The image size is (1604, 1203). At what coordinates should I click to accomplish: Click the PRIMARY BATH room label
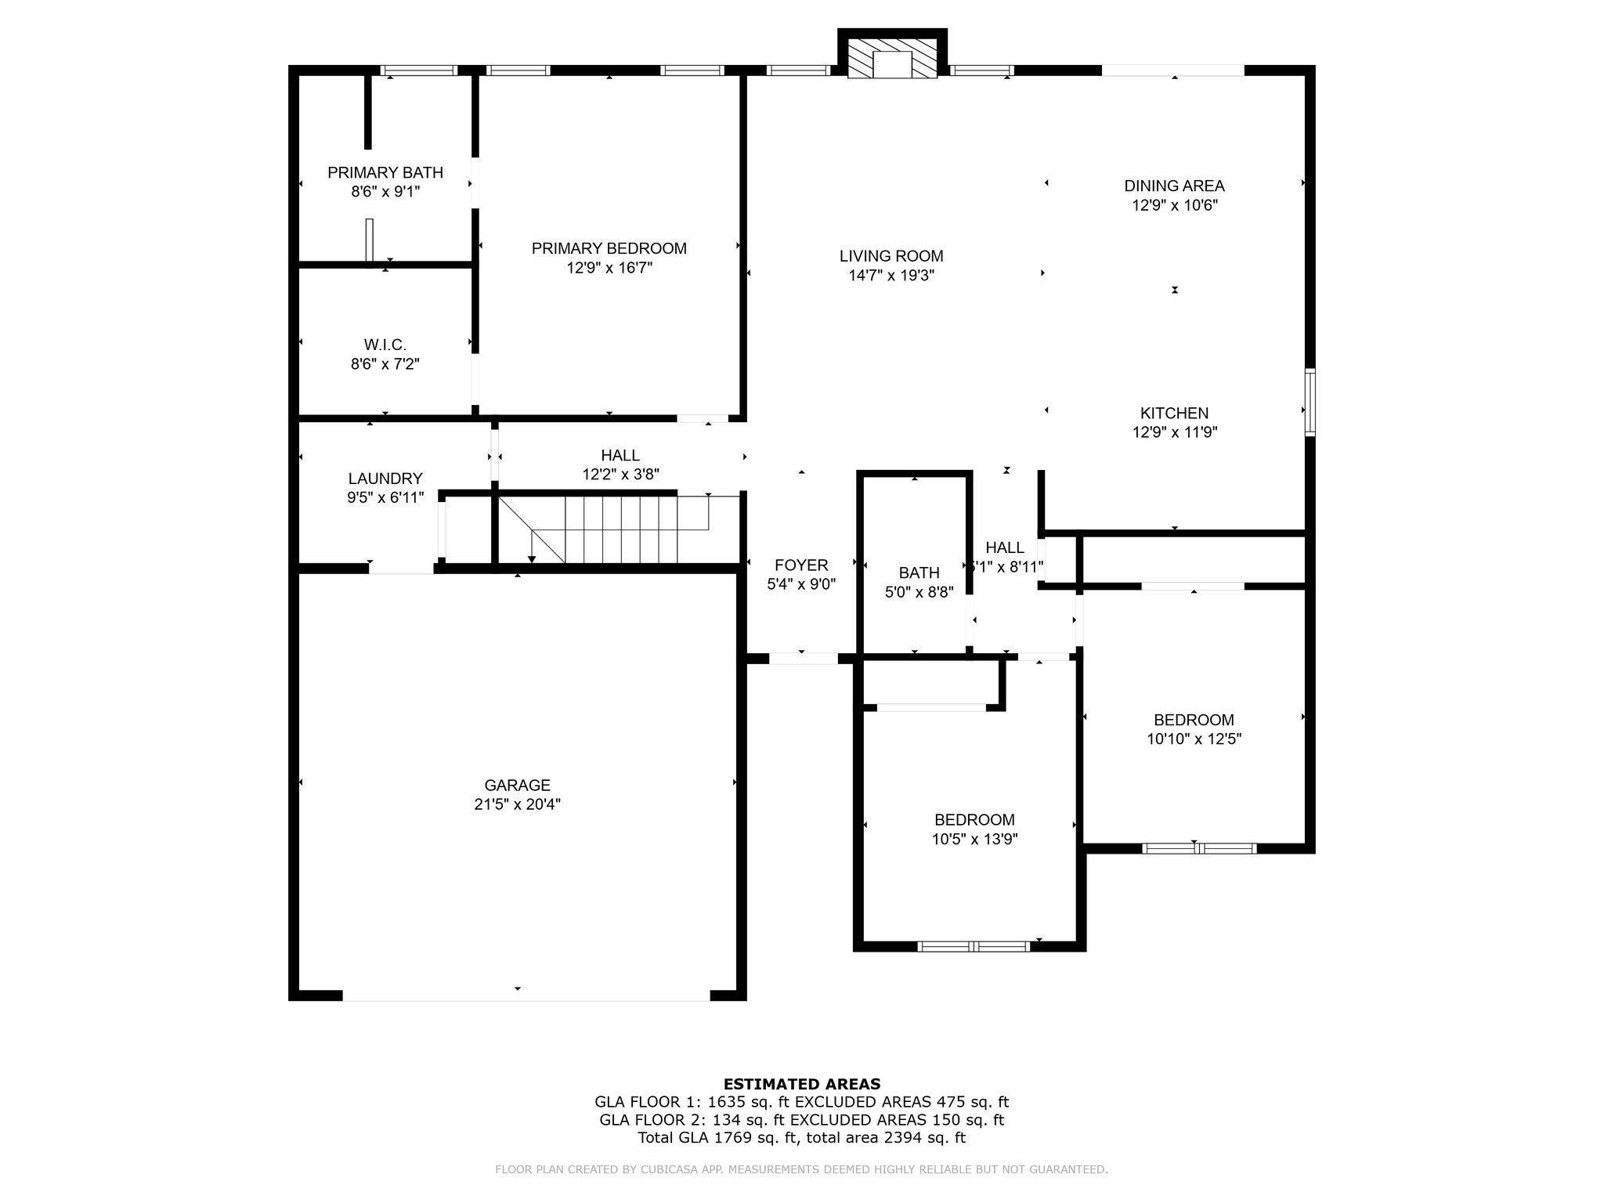coord(385,172)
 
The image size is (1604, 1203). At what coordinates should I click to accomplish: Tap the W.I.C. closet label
coord(385,345)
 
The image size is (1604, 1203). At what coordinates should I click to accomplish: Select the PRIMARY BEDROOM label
coord(609,248)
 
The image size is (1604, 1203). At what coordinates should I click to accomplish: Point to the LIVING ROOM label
coord(891,256)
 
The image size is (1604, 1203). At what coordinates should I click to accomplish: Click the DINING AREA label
coord(1174,186)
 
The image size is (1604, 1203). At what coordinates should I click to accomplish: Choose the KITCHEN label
coord(1174,413)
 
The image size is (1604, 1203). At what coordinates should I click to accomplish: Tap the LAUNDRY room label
coord(385,479)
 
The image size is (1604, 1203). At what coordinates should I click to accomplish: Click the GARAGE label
coord(517,785)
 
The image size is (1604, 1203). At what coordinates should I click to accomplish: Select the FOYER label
coord(801,565)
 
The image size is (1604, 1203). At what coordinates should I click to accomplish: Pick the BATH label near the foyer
coord(919,573)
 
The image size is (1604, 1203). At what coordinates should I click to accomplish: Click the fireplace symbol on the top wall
coord(893,55)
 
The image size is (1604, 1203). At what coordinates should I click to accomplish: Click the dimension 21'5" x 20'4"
coord(517,804)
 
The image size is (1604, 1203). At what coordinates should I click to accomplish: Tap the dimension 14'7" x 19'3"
coord(891,276)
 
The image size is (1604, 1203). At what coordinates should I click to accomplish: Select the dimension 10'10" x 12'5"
coord(1194,739)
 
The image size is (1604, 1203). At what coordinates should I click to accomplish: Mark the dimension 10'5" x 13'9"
coord(974,839)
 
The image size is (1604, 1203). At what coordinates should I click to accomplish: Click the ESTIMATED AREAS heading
coord(802,1084)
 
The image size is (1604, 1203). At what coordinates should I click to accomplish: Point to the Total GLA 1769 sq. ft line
coord(802,1138)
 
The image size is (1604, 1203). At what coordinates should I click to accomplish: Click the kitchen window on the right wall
coord(1310,402)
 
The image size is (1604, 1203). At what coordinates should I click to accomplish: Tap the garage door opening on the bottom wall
coord(526,995)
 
